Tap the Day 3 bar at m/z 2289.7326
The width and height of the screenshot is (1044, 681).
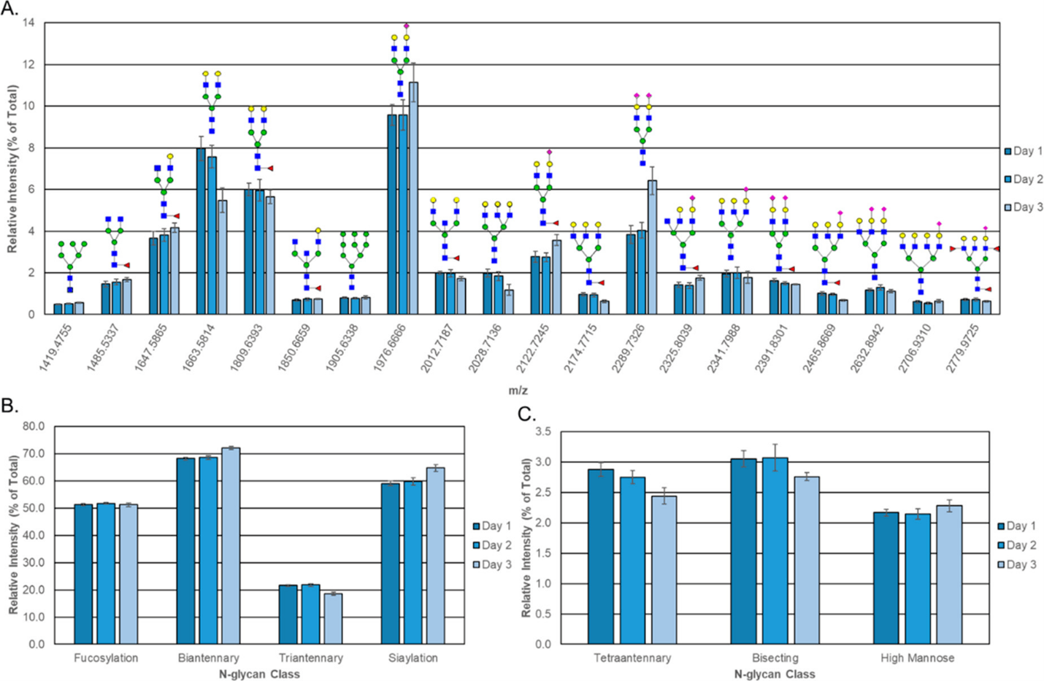pyautogui.click(x=652, y=247)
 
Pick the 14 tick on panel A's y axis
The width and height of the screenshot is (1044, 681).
pyautogui.click(x=28, y=23)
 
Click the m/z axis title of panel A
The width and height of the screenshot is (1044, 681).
pyautogui.click(x=518, y=390)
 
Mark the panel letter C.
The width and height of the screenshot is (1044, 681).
pyautogui.click(x=526, y=415)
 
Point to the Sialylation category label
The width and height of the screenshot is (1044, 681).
pyautogui.click(x=413, y=658)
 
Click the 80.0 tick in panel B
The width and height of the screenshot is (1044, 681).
pyautogui.click(x=34, y=426)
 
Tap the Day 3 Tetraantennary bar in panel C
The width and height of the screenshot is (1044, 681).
pyautogui.click(x=664, y=570)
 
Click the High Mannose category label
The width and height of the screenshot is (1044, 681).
pyautogui.click(x=917, y=658)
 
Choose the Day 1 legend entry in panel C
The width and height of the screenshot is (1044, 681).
pyautogui.click(x=1016, y=526)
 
